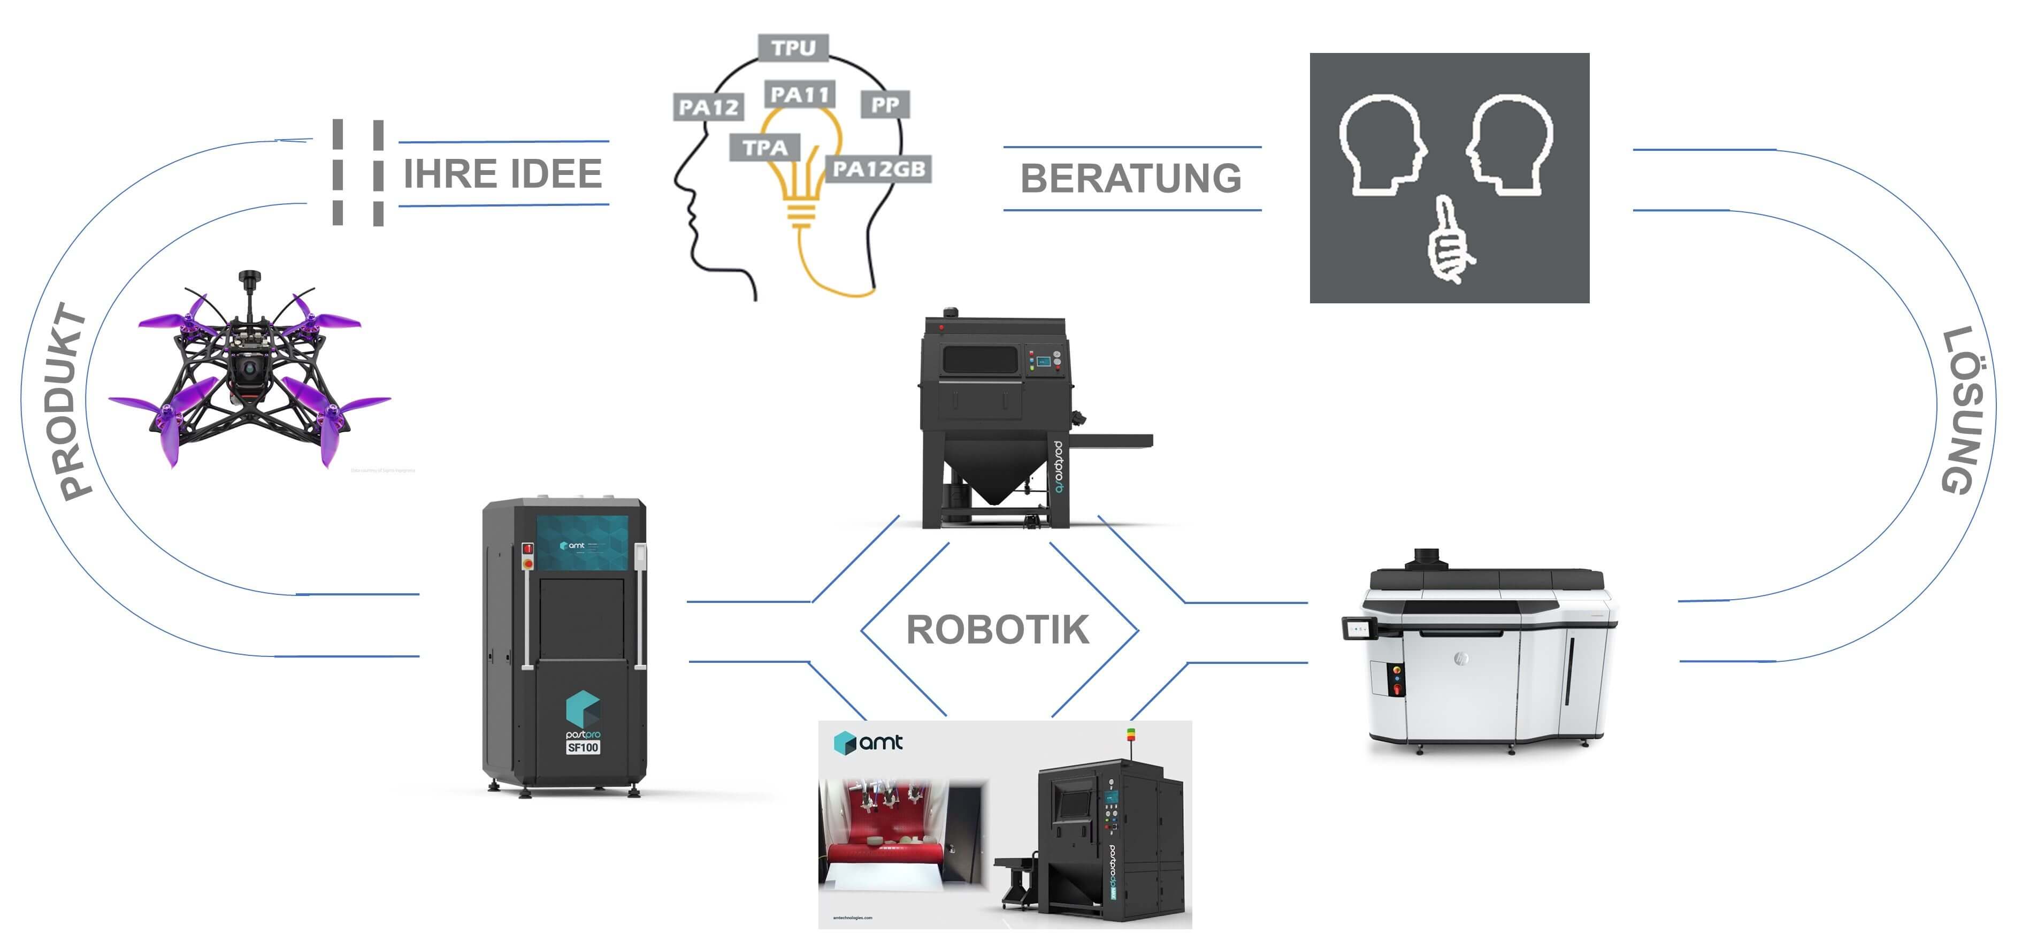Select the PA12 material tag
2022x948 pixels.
(708, 106)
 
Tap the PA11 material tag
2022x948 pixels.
(799, 95)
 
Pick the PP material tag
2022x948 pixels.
(885, 104)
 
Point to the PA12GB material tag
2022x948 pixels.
(878, 169)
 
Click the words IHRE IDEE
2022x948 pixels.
(502, 173)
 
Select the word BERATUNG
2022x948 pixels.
(1130, 178)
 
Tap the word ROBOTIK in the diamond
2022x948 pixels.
(998, 629)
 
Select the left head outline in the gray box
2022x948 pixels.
(1379, 145)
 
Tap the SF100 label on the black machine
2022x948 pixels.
(583, 747)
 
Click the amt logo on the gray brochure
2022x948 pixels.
(868, 741)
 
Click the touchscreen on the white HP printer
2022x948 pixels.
(1359, 629)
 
